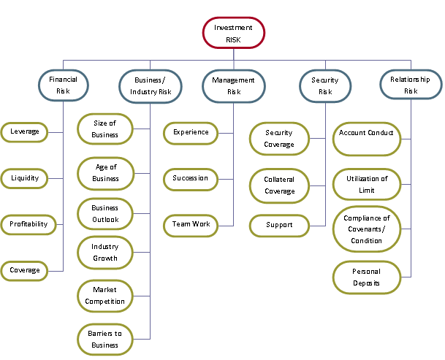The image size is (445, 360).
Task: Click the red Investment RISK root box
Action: pyautogui.click(x=233, y=33)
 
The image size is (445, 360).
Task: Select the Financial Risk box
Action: pyautogui.click(x=63, y=84)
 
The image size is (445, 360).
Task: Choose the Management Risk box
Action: pyautogui.click(x=233, y=85)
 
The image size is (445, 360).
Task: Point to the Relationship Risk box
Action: pyautogui.click(x=410, y=84)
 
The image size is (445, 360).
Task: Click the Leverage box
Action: pyautogui.click(x=25, y=132)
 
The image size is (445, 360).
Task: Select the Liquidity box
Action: pyautogui.click(x=25, y=178)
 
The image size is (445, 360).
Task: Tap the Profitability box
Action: pyautogui.click(x=28, y=224)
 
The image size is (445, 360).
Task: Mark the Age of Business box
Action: pyautogui.click(x=106, y=173)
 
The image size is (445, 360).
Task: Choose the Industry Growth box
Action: pyautogui.click(x=105, y=253)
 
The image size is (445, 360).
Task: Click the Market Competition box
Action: pyautogui.click(x=105, y=296)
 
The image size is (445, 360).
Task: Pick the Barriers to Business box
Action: pyautogui.click(x=105, y=340)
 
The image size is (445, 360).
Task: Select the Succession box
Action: pyautogui.click(x=190, y=178)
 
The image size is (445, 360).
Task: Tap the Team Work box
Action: pyautogui.click(x=191, y=224)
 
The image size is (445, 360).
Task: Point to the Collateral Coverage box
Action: pyautogui.click(x=279, y=185)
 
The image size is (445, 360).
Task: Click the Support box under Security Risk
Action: pyautogui.click(x=279, y=225)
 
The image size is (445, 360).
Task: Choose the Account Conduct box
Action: pyautogui.click(x=367, y=138)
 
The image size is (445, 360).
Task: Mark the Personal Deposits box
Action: pyautogui.click(x=367, y=277)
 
